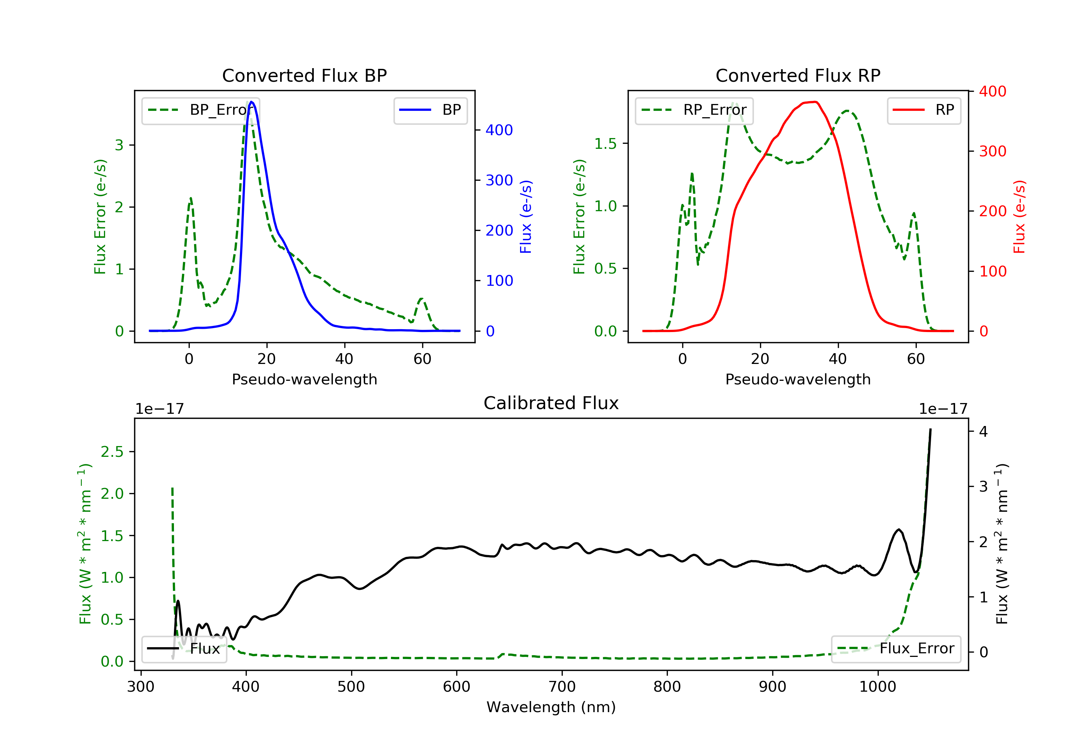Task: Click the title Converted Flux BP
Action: (x=304, y=75)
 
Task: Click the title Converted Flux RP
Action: (x=798, y=75)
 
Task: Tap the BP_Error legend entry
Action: (x=200, y=110)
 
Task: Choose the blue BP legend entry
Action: (x=430, y=110)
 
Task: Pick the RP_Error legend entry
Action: (x=694, y=110)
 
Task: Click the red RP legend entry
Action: (x=924, y=110)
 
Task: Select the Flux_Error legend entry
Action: (x=896, y=649)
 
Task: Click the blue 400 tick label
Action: (x=499, y=130)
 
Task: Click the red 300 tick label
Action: (x=992, y=151)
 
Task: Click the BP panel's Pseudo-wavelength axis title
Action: (x=304, y=379)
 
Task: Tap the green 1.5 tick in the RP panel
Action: (x=605, y=143)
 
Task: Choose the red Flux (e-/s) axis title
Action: (x=1019, y=217)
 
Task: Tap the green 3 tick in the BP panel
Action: (x=119, y=145)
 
